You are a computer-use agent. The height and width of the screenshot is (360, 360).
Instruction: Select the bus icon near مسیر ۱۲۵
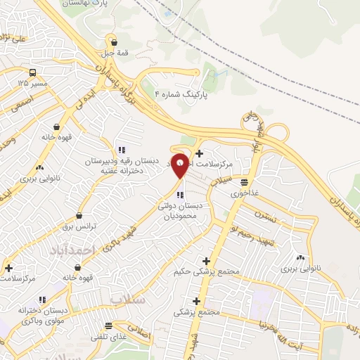tap(33, 72)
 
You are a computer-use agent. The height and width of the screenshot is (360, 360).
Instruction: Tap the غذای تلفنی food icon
tap(108, 326)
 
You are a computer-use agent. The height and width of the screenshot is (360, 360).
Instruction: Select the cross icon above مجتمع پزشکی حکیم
tap(206, 260)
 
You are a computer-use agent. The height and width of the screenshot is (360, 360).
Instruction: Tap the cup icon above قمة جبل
tap(113, 41)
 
